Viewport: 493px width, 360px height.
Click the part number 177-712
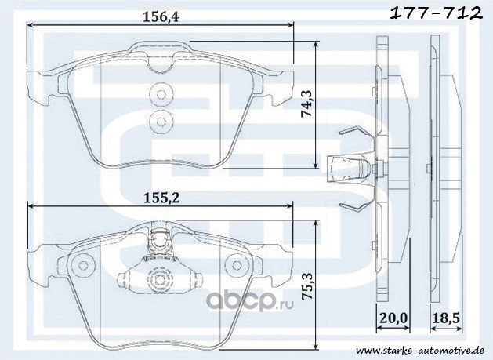[x=436, y=13]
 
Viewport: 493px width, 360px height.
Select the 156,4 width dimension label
[x=161, y=16]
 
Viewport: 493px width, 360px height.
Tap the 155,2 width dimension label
[x=161, y=198]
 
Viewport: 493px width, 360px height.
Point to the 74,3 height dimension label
[x=306, y=104]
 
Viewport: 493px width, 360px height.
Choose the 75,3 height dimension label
[x=306, y=285]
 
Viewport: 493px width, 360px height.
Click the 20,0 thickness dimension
[x=393, y=318]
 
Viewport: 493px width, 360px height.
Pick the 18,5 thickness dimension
[x=446, y=318]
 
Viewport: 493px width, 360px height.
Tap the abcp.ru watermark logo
[x=250, y=301]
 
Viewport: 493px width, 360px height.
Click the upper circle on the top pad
[x=161, y=94]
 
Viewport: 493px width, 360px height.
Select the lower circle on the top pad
[x=161, y=122]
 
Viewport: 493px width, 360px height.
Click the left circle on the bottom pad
[x=83, y=265]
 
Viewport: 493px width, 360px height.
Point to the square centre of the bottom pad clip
[x=159, y=278]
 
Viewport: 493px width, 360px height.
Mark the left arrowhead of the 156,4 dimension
[x=31, y=25]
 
